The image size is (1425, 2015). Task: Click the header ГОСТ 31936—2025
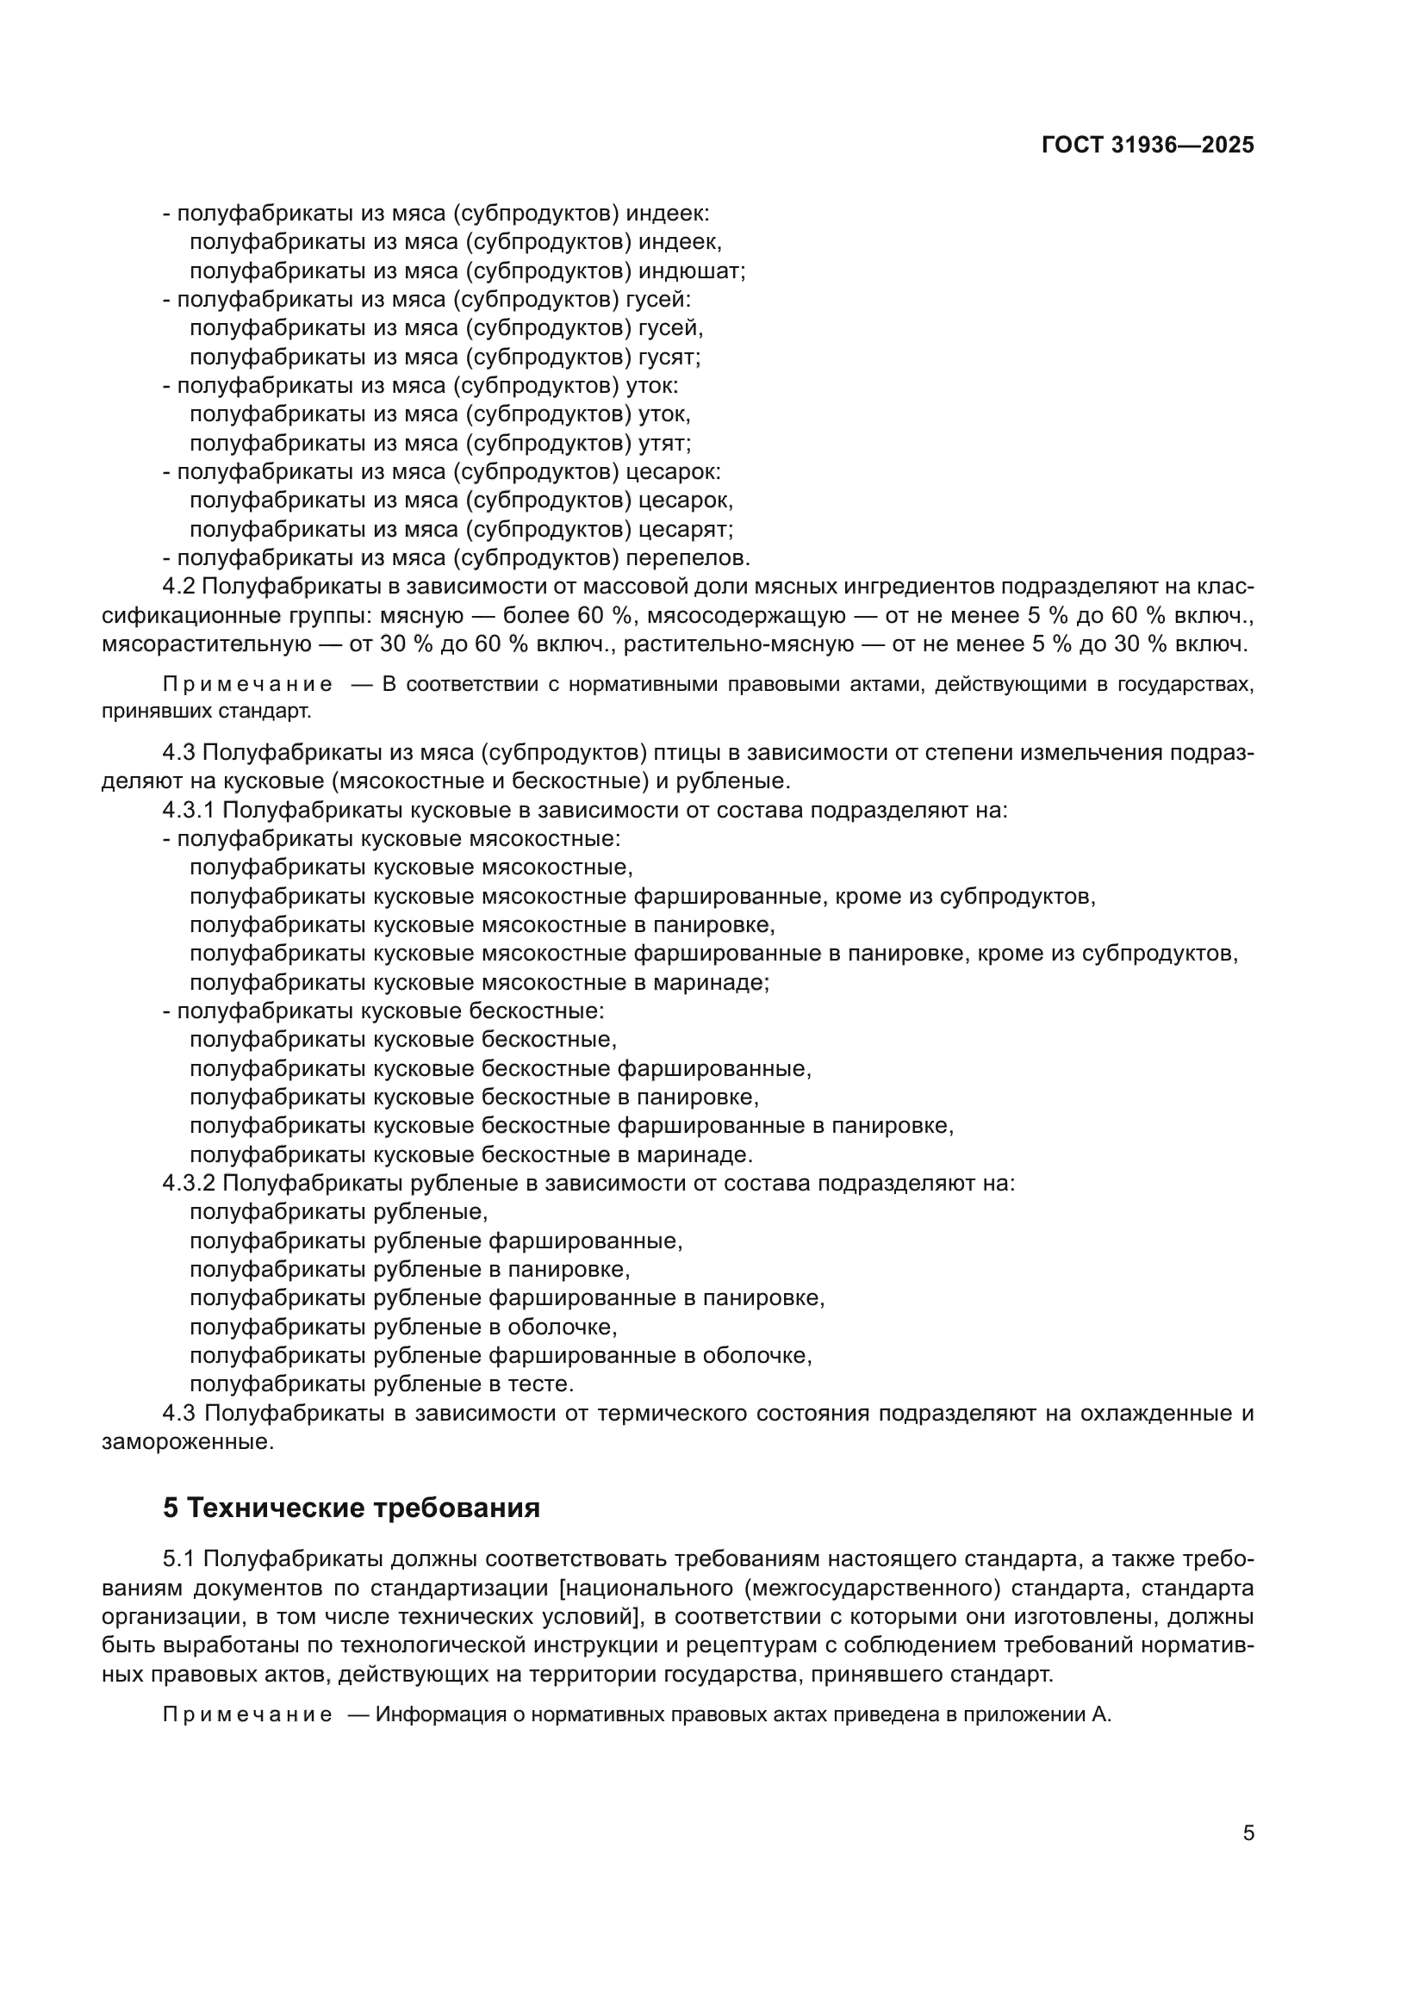pyautogui.click(x=1147, y=146)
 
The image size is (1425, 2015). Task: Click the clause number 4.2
pyautogui.click(x=182, y=588)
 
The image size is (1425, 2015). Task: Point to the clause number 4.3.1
pyautogui.click(x=189, y=810)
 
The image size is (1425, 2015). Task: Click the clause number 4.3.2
pyautogui.click(x=189, y=1184)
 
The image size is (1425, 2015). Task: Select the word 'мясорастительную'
pyautogui.click(x=206, y=644)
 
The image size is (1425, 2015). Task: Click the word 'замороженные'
pyautogui.click(x=187, y=1442)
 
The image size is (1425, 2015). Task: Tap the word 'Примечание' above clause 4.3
pyautogui.click(x=247, y=685)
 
